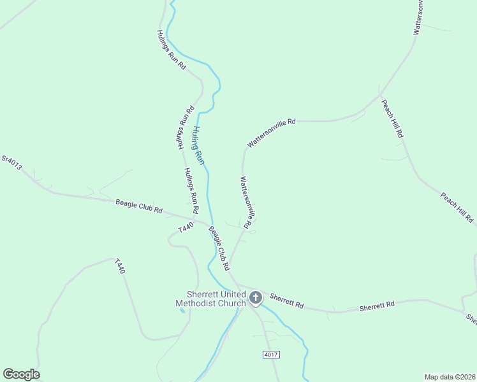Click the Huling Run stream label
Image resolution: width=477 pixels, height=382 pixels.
[x=199, y=146]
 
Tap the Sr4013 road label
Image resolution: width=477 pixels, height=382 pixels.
[x=11, y=163]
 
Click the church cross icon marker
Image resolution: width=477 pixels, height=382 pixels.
[x=255, y=297]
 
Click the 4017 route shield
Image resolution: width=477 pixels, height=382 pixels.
[x=270, y=354]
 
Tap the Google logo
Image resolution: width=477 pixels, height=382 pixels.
[x=21, y=374]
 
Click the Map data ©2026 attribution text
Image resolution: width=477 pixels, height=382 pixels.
[x=450, y=376]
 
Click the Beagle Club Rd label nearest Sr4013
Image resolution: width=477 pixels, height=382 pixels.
[x=139, y=206]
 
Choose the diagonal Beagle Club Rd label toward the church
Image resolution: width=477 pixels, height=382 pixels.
[x=219, y=249]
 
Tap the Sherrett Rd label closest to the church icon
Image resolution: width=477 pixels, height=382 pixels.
[x=286, y=301]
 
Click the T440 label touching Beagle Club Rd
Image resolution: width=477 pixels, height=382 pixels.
[x=185, y=227]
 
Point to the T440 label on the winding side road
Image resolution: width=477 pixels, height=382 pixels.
[x=120, y=266]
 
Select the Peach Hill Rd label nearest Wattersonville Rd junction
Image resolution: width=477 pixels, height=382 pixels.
[x=392, y=118]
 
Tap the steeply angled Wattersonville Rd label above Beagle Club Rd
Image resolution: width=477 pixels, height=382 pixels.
[x=248, y=199]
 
